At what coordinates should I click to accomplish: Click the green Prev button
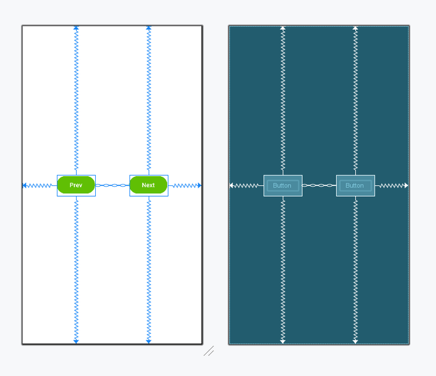pyautogui.click(x=76, y=185)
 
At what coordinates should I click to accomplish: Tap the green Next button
pyautogui.click(x=149, y=185)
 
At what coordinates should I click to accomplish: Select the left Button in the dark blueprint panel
pyautogui.click(x=283, y=185)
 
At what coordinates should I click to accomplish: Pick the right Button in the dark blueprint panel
pyautogui.click(x=355, y=185)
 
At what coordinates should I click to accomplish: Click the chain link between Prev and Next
pyautogui.click(x=112, y=185)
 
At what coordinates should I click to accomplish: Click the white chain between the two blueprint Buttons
pyautogui.click(x=319, y=185)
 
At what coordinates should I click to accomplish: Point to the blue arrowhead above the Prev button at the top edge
pyautogui.click(x=76, y=28)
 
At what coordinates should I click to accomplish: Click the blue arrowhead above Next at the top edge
pyautogui.click(x=149, y=28)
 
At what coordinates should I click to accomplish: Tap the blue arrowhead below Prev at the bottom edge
pyautogui.click(x=76, y=342)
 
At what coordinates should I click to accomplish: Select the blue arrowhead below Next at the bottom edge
pyautogui.click(x=149, y=342)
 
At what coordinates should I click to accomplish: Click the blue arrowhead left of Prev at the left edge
pyautogui.click(x=24, y=185)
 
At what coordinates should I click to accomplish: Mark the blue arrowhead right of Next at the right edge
pyautogui.click(x=200, y=185)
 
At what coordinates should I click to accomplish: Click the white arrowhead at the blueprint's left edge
pyautogui.click(x=231, y=185)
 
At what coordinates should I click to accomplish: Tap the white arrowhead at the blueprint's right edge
pyautogui.click(x=406, y=185)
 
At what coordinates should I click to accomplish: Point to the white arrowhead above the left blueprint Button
pyautogui.click(x=283, y=28)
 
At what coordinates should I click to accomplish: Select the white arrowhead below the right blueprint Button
pyautogui.click(x=355, y=342)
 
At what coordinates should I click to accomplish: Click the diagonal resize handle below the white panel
pyautogui.click(x=209, y=351)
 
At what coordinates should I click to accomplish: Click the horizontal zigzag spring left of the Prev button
pyautogui.click(x=39, y=185)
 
